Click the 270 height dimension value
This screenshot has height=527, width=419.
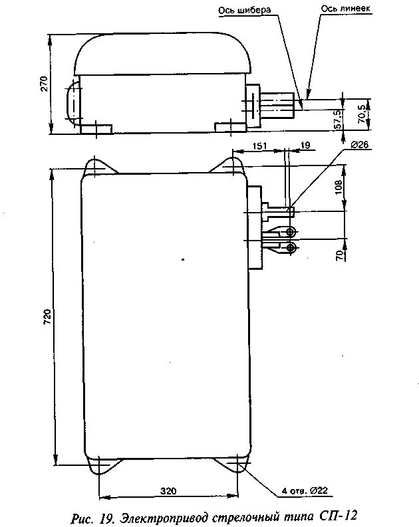pos(43,83)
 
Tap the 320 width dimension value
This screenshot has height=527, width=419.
pos(168,491)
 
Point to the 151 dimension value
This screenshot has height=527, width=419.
pos(260,146)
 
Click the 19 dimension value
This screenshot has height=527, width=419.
pos(305,146)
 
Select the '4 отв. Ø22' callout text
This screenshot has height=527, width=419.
pos(304,491)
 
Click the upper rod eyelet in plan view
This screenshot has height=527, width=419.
pos(291,232)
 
